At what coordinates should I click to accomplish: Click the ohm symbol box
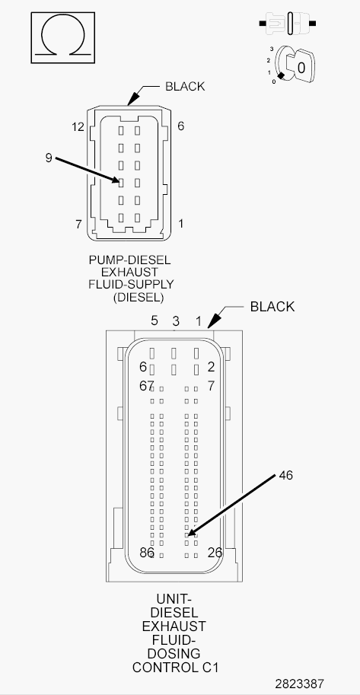(x=62, y=37)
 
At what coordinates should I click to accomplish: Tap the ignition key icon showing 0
(x=295, y=66)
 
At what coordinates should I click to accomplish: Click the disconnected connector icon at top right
(x=288, y=24)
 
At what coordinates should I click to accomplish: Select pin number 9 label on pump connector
(x=49, y=158)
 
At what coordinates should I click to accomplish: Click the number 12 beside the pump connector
(x=78, y=127)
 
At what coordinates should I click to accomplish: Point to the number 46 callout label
(x=286, y=475)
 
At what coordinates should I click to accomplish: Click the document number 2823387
(x=299, y=684)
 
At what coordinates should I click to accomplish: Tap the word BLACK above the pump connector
(x=185, y=87)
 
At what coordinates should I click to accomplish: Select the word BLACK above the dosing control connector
(x=272, y=307)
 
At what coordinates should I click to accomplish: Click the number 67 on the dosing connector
(x=146, y=386)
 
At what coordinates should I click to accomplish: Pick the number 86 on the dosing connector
(x=146, y=553)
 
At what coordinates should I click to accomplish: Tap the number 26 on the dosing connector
(x=215, y=553)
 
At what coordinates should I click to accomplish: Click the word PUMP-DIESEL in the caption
(x=129, y=260)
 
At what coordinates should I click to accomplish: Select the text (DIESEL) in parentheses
(x=138, y=297)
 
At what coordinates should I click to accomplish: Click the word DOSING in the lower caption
(x=174, y=653)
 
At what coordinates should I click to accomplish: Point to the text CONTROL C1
(x=176, y=667)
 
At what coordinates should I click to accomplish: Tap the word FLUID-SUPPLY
(x=131, y=284)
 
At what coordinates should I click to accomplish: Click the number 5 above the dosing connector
(x=155, y=321)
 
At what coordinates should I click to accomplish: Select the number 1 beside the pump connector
(x=181, y=223)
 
